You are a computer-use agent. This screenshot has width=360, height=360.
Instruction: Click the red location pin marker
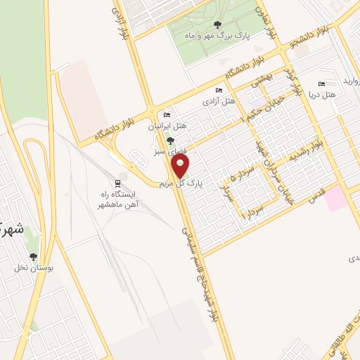(x=181, y=166)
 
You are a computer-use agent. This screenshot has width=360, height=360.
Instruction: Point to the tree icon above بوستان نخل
(x=33, y=257)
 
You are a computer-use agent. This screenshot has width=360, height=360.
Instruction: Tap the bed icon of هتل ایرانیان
(x=167, y=115)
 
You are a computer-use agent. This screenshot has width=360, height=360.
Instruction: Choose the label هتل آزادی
(x=217, y=101)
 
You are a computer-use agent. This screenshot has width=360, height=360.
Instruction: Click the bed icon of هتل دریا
(x=322, y=83)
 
